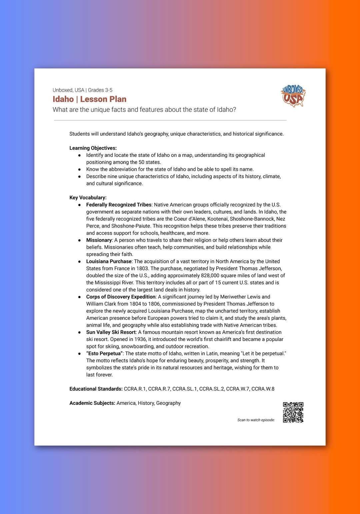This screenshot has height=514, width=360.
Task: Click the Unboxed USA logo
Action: [293, 96]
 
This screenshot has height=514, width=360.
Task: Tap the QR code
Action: [293, 412]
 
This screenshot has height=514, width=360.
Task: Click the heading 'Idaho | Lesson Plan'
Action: [89, 99]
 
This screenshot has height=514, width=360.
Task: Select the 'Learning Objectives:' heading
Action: [93, 148]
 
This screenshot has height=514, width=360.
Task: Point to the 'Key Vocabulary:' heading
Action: [88, 198]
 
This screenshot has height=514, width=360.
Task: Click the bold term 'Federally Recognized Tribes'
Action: [119, 205]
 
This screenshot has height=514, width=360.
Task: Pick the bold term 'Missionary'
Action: [99, 240]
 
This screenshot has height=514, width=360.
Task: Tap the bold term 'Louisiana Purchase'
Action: [109, 261]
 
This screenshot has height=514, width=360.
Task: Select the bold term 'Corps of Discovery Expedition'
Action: [121, 297]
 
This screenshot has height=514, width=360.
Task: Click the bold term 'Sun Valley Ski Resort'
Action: [111, 332]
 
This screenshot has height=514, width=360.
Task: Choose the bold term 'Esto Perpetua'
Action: [105, 353]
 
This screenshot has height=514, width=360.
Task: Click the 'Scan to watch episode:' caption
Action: [256, 420]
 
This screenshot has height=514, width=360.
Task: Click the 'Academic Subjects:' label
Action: [92, 403]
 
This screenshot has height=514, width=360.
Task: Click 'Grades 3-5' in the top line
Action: [100, 90]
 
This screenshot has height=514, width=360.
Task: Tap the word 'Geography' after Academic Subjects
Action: [168, 403]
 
